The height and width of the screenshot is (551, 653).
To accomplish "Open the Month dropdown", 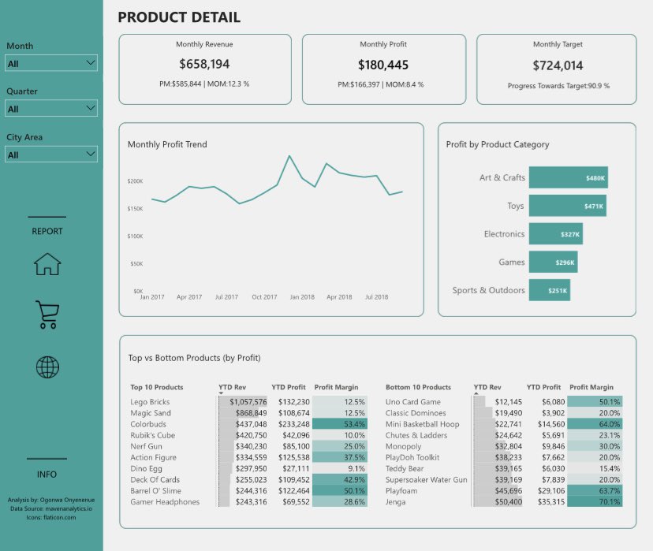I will pyautogui.click(x=51, y=63).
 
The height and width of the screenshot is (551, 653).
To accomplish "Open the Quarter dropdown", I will pyautogui.click(x=51, y=109).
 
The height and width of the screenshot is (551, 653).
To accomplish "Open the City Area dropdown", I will pyautogui.click(x=51, y=155).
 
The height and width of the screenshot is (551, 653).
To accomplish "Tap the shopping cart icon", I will pyautogui.click(x=47, y=314).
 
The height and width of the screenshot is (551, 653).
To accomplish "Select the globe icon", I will pyautogui.click(x=47, y=367).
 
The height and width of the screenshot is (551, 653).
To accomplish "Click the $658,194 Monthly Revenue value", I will pyautogui.click(x=204, y=65).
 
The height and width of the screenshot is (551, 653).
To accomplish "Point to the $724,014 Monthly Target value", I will pyautogui.click(x=557, y=65).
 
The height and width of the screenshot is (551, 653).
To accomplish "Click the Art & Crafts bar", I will pyautogui.click(x=568, y=177).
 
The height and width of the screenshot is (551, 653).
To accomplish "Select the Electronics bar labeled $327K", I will pyautogui.click(x=555, y=234).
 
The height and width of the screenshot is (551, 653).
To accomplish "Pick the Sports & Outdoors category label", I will pyautogui.click(x=488, y=290).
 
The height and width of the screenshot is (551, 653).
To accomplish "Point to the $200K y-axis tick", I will pyautogui.click(x=135, y=181).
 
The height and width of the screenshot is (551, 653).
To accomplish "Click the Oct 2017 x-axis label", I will pyautogui.click(x=265, y=297).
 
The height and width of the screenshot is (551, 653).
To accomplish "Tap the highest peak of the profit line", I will pyautogui.click(x=289, y=156).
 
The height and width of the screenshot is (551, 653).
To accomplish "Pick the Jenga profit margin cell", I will pyautogui.click(x=595, y=501).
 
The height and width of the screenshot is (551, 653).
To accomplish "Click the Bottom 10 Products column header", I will pyautogui.click(x=418, y=387).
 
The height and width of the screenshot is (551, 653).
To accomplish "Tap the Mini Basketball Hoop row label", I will pyautogui.click(x=422, y=424).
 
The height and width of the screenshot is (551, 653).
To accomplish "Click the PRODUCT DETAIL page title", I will pyautogui.click(x=179, y=17).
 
